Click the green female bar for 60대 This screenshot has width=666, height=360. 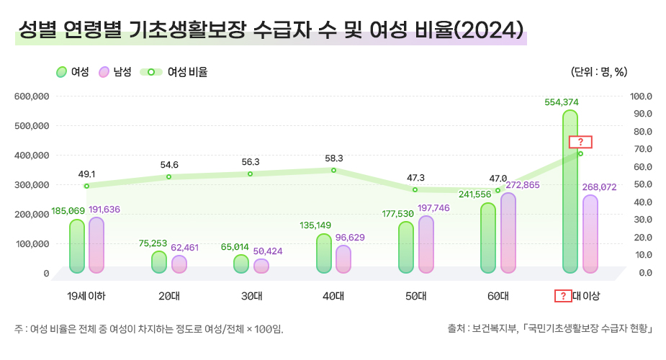click(x=488, y=238)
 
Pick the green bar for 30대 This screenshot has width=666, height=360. click(x=241, y=264)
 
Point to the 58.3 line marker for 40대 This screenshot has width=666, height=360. click(x=333, y=170)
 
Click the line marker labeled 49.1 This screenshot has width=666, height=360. click(x=86, y=186)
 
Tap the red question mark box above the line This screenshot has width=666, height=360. click(x=580, y=141)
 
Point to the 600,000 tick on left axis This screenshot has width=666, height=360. click(x=31, y=96)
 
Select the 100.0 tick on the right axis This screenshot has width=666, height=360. click(x=640, y=96)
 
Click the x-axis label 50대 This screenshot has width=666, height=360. click(x=415, y=296)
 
